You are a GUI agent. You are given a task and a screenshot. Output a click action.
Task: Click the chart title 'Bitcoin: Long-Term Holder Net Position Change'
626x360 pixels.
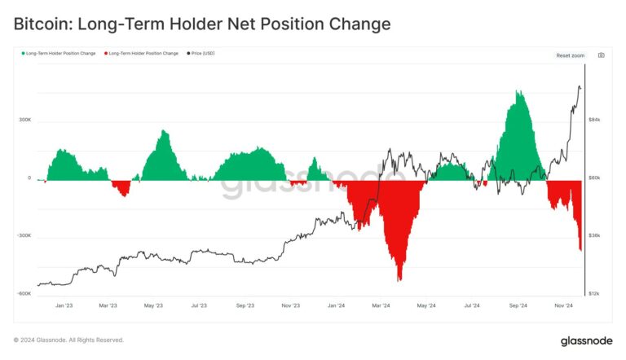pyautogui.click(x=202, y=24)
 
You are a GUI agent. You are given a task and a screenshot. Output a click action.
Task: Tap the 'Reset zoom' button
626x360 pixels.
pyautogui.click(x=570, y=55)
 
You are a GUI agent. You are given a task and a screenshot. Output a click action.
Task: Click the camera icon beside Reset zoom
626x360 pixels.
pyautogui.click(x=601, y=55)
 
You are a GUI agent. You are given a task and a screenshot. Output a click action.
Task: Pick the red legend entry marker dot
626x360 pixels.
pyautogui.click(x=105, y=53)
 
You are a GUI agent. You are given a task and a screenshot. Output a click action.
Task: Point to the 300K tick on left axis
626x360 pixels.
pyautogui.click(x=24, y=120)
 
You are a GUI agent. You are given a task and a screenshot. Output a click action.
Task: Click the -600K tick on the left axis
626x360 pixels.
pyautogui.click(x=24, y=294)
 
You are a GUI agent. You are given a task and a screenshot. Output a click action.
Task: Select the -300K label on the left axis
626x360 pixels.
pyautogui.click(x=24, y=236)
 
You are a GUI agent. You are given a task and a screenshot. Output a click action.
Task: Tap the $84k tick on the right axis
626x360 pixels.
pyautogui.click(x=594, y=120)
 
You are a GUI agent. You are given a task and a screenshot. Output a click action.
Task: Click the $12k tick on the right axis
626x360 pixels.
pyautogui.click(x=594, y=294)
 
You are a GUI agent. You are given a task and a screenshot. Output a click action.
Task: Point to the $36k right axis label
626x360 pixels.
pyautogui.click(x=594, y=236)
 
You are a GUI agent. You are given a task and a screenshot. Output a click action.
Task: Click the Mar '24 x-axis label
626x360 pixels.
pyautogui.click(x=380, y=307)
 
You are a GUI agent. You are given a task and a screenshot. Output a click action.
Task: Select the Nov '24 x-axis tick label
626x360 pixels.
pyautogui.click(x=562, y=307)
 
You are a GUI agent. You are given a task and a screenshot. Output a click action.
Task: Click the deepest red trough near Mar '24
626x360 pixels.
pyautogui.click(x=399, y=280)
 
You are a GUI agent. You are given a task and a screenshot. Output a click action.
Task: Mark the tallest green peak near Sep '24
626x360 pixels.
pyautogui.click(x=518, y=91)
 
